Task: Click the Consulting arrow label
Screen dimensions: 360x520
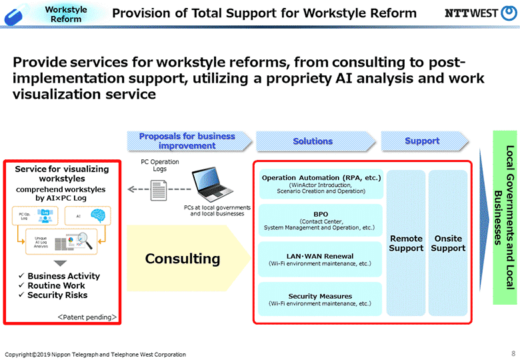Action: click(x=183, y=258)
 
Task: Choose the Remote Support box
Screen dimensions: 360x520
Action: click(x=406, y=243)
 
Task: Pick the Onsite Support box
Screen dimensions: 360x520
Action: click(x=448, y=243)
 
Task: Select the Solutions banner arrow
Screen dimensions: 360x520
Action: click(x=313, y=141)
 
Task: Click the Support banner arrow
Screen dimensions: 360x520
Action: click(x=422, y=141)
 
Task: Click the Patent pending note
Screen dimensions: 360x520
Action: click(x=86, y=316)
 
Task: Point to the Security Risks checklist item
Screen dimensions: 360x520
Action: click(x=57, y=295)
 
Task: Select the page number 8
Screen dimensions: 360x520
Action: click(x=513, y=353)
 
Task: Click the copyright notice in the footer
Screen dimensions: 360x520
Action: click(x=95, y=354)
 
